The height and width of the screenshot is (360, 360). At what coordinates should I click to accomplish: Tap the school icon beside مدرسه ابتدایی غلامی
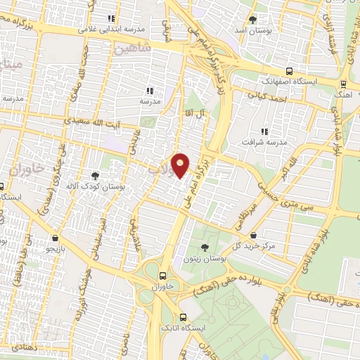(x=110, y=19)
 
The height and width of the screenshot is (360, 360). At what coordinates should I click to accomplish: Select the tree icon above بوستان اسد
(x=253, y=19)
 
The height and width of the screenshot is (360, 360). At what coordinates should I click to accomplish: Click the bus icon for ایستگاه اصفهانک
(x=290, y=71)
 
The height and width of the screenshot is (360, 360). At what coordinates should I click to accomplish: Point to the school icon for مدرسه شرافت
(x=264, y=131)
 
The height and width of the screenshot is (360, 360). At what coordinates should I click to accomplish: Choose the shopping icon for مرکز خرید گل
(x=253, y=236)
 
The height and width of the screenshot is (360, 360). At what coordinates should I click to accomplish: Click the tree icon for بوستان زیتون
(x=205, y=247)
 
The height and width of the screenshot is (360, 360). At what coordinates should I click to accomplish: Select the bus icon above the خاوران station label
(x=163, y=276)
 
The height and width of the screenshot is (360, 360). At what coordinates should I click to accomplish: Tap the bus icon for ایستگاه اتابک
(x=184, y=317)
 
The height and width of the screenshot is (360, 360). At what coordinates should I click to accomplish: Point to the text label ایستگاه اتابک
(x=205, y=328)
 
